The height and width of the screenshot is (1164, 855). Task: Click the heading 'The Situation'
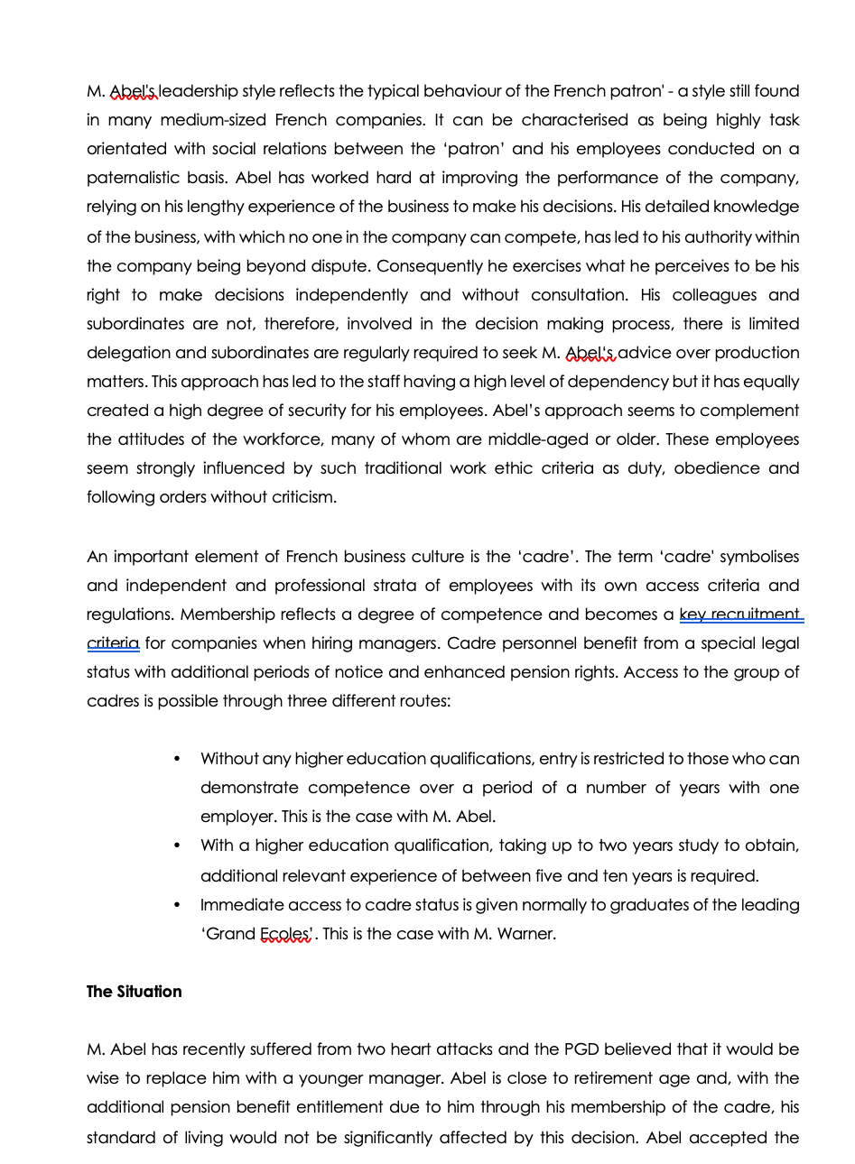134,992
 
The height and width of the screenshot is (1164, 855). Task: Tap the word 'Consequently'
429,266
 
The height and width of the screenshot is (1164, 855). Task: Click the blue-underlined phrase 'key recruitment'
739,614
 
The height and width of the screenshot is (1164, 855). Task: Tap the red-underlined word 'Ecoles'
285,934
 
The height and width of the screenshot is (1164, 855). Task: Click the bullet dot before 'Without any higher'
177,759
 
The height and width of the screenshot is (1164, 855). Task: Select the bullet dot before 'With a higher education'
177,845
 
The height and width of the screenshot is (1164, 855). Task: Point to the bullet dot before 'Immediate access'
177,905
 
